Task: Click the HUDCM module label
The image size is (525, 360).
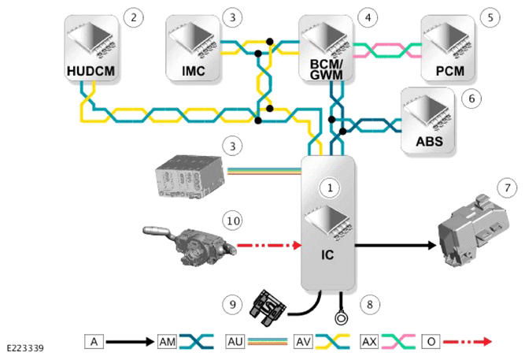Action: click(x=91, y=71)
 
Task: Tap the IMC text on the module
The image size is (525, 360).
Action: click(x=193, y=71)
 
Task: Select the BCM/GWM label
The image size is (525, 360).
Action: click(x=327, y=69)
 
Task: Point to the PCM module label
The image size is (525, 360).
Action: click(x=449, y=71)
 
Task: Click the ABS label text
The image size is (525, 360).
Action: click(x=429, y=142)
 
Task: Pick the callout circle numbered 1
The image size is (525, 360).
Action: click(x=330, y=187)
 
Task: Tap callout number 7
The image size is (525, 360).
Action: click(x=508, y=187)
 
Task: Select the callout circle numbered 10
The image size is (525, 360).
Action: click(x=233, y=221)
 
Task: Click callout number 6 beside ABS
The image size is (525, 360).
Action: click(x=471, y=98)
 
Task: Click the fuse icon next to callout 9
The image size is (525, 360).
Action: click(x=268, y=308)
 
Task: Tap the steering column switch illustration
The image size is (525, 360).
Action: click(x=189, y=245)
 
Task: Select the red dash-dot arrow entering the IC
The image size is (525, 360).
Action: click(x=269, y=245)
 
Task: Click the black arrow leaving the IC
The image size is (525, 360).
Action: click(x=395, y=245)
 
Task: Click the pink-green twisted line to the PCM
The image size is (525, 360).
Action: click(x=387, y=50)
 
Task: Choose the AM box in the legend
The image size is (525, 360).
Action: click(x=167, y=342)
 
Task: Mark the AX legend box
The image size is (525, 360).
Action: click(x=369, y=342)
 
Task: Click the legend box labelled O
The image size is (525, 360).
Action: click(x=431, y=342)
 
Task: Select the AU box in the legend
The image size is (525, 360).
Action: click(x=235, y=342)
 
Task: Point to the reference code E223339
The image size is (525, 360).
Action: click(x=25, y=349)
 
